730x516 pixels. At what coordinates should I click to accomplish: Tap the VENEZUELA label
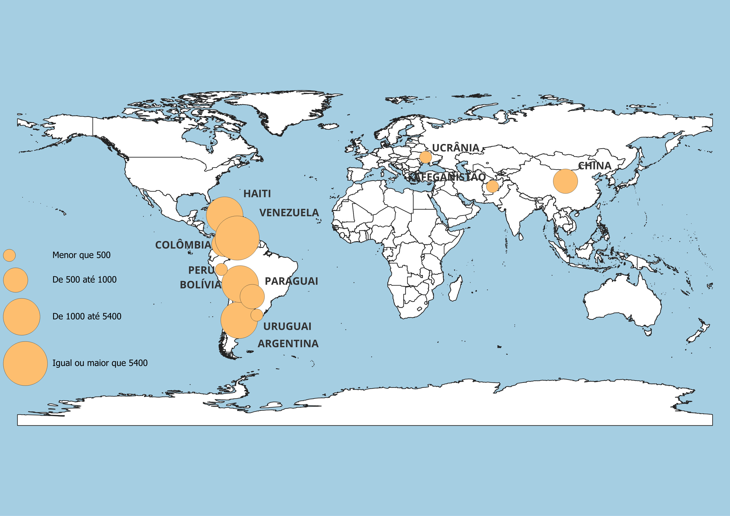coord(289,213)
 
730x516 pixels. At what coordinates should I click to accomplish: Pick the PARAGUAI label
coord(291,281)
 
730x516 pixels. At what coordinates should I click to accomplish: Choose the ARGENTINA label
coord(288,344)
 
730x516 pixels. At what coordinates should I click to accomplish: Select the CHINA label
coord(594,166)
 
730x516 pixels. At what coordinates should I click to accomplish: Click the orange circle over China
coord(565,181)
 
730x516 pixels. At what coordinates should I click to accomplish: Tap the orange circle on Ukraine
coord(425,157)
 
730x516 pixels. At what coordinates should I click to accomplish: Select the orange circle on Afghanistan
coord(492,186)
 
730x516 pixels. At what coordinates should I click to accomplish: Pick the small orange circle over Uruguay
coord(257,315)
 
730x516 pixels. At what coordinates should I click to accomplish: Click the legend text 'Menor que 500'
coord(81,255)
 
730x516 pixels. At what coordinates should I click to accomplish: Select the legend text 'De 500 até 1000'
coord(84,280)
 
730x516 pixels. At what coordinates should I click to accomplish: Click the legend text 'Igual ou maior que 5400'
coord(100,363)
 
